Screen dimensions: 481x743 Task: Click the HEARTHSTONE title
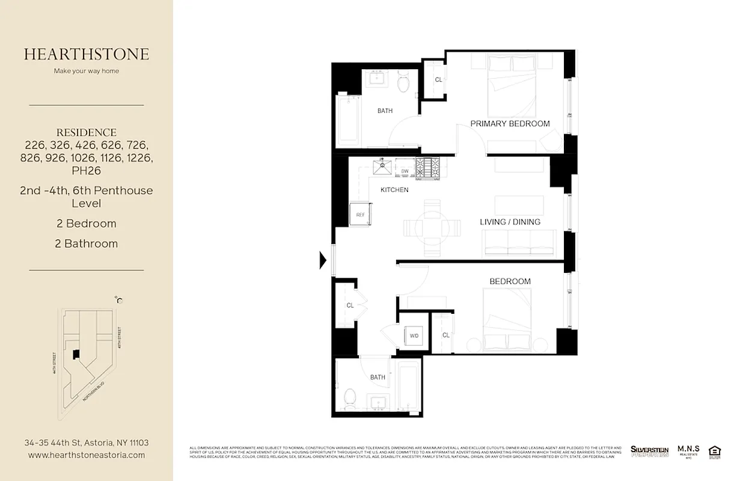pos(87,54)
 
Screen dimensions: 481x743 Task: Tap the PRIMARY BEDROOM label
pos(510,124)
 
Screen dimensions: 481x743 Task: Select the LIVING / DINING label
pos(510,222)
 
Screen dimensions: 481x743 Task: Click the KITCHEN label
pos(394,190)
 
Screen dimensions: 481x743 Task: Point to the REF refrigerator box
pos(360,215)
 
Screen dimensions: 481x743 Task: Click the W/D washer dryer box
pos(414,335)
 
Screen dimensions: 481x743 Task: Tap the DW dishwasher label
pos(405,172)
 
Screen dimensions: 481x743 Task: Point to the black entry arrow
pos(323,260)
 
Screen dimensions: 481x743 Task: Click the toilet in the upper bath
pos(403,84)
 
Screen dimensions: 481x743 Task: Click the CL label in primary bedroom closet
pos(438,80)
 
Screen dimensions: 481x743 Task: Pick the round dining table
pos(432,226)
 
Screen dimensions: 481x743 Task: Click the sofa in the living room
pos(518,241)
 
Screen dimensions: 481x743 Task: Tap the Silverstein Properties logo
pos(649,451)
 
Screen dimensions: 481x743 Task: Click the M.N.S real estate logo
pos(688,451)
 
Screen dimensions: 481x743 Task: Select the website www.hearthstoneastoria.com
pos(87,455)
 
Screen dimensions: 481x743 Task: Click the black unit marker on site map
pos(76,355)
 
